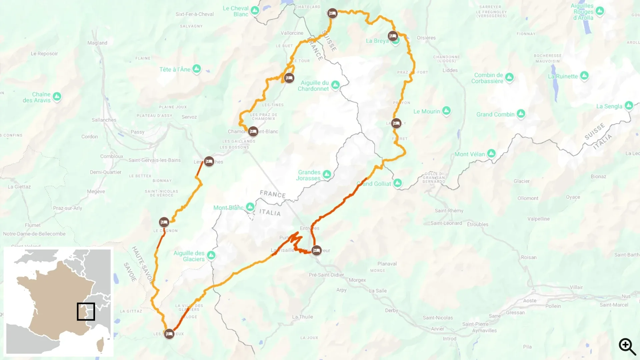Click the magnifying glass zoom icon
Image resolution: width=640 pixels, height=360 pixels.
627,346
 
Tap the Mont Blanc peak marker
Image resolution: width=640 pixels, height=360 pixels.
250,207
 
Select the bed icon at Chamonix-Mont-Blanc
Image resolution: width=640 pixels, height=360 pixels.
253,131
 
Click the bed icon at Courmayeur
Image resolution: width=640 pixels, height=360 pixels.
316,250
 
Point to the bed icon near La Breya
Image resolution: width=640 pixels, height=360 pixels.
393,36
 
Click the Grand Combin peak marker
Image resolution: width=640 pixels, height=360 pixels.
521,114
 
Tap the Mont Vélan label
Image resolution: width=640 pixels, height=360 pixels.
470,154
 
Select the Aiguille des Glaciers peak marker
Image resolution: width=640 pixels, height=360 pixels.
211,255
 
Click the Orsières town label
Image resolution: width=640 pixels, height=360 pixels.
426,38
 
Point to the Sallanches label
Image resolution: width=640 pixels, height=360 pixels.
104,120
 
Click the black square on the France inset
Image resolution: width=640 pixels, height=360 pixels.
86,312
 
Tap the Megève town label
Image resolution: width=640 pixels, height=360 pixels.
96,191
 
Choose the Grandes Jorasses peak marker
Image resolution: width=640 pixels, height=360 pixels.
327,174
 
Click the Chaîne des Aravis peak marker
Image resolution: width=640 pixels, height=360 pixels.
57,96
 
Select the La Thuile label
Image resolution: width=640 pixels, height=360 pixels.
302,317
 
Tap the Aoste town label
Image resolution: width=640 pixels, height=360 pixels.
530,300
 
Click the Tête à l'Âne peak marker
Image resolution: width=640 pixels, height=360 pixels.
197,69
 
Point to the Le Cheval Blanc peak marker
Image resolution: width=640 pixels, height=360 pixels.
255,10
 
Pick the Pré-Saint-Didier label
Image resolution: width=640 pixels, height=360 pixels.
326,275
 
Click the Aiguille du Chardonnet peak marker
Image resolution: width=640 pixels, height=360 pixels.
335,85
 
